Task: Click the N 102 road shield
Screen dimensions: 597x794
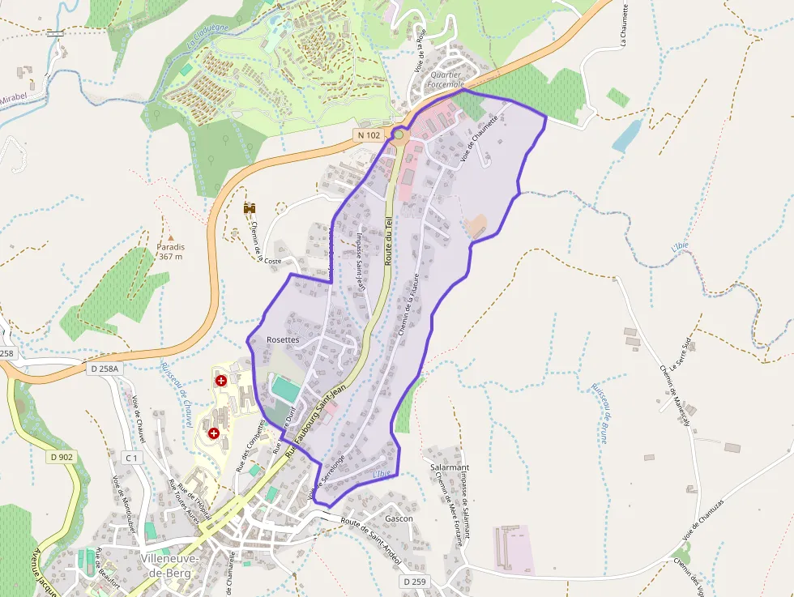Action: coord(368,135)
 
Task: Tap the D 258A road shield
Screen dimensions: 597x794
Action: coord(104,369)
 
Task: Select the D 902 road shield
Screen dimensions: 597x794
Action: coord(61,458)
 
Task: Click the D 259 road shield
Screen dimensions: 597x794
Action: coord(413,582)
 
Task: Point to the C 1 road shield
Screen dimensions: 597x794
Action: coord(131,458)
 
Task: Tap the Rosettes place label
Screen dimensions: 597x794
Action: coord(283,340)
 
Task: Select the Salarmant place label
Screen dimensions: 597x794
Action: coord(450,468)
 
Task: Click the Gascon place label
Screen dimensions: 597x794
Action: coord(399,518)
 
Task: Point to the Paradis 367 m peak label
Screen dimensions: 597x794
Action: coord(171,252)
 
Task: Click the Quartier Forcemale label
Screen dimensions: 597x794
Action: coord(446,79)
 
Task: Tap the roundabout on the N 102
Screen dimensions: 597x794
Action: coord(399,134)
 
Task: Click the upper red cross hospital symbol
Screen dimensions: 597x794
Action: coord(220,380)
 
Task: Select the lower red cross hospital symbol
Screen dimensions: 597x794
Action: coord(214,434)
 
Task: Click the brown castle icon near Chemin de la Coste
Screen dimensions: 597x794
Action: coord(250,208)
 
